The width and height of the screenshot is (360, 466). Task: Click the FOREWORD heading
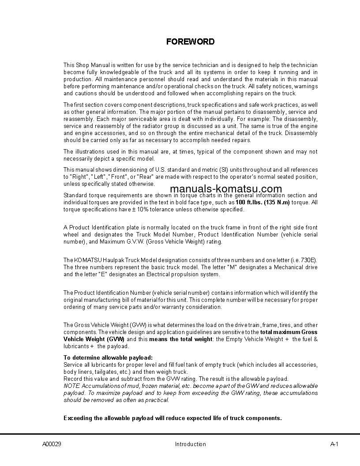(x=190, y=42)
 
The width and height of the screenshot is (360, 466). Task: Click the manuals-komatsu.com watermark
(x=225, y=189)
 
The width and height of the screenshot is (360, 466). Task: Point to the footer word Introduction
(x=190, y=444)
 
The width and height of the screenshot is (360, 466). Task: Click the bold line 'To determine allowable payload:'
(x=105, y=357)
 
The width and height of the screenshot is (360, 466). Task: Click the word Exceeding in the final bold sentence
(x=78, y=418)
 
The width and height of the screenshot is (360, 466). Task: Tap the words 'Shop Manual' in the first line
(x=92, y=65)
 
